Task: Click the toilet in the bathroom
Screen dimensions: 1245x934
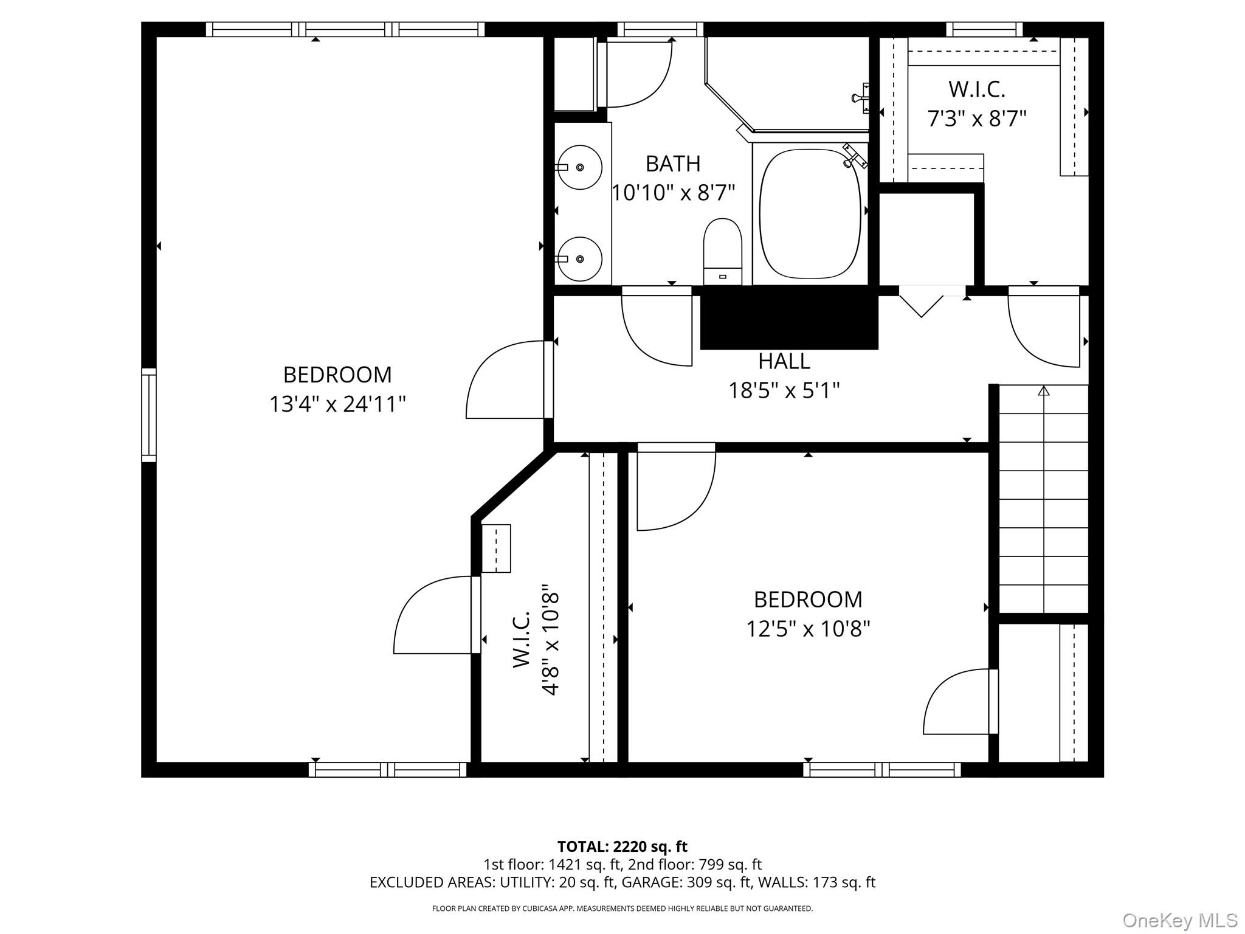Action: [723, 251]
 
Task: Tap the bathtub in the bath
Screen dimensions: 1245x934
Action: [810, 213]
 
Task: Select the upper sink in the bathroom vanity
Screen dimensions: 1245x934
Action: [579, 167]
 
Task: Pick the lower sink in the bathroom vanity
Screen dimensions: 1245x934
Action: [579, 259]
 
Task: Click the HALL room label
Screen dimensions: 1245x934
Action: [784, 361]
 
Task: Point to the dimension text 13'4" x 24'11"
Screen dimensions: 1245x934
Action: [337, 404]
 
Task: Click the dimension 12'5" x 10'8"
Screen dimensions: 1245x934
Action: [808, 629]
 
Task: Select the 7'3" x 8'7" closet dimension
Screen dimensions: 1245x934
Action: [976, 119]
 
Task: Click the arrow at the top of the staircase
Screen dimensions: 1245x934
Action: [1044, 390]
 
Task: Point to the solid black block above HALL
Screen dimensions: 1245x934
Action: [789, 317]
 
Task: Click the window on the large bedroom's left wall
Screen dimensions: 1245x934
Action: [149, 415]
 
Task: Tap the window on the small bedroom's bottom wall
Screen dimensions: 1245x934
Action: [882, 770]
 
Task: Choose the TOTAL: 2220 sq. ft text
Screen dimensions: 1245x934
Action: [622, 846]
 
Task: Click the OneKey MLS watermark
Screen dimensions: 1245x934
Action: [1179, 921]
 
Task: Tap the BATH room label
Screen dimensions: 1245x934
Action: [673, 164]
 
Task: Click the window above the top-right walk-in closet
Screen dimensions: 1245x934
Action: [984, 29]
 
